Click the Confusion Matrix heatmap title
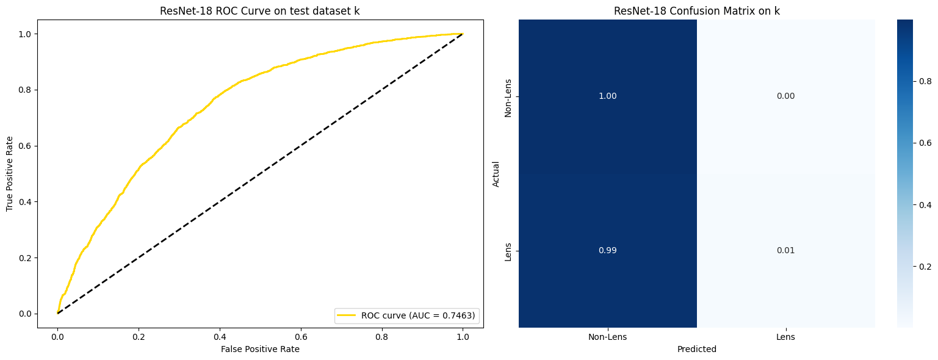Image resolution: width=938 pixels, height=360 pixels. pos(696,11)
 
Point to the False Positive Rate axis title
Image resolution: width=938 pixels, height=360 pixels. pos(260,349)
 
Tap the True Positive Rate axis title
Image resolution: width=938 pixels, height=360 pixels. pos(10,173)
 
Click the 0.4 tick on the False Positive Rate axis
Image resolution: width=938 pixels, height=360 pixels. pos(220,336)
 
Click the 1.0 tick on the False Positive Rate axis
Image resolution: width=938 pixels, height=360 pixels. pos(463,336)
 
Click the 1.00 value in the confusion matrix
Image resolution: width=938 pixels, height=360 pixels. pos(607,96)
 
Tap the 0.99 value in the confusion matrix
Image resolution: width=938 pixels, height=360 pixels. pos(607,251)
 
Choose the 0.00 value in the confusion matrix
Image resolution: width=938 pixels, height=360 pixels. pos(785,96)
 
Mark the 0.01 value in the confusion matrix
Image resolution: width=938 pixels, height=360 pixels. pos(785,251)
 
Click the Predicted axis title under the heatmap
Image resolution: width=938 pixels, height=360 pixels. pos(696,350)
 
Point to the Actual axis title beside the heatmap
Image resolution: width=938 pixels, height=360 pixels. pos(496,173)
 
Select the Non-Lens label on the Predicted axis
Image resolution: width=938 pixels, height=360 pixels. pos(607,337)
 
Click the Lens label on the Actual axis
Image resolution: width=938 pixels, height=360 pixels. pos(508,251)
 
